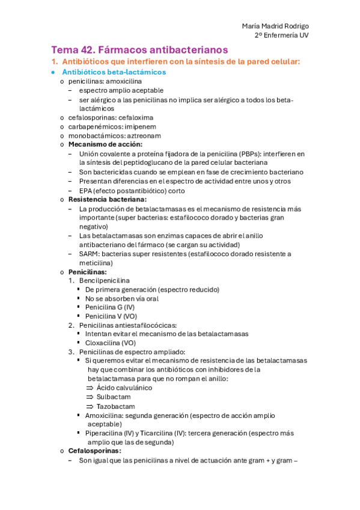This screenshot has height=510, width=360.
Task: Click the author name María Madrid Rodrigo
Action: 275,26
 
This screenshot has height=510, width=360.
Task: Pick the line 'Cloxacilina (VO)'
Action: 111,343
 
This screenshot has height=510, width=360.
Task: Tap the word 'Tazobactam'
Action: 115,406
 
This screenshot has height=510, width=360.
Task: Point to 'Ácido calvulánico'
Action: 124,388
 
